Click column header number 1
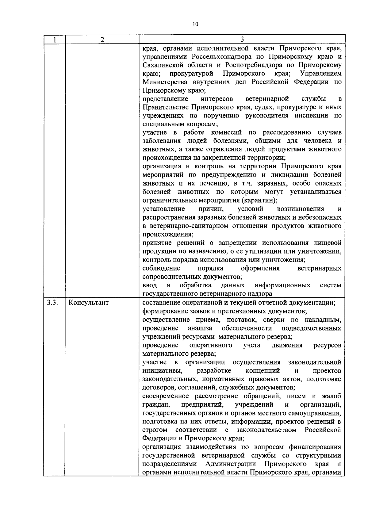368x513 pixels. click(54, 40)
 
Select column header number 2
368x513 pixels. click(102, 40)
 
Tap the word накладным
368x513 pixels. click(323, 320)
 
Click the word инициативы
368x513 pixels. click(163, 371)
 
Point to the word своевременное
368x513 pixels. click(166, 396)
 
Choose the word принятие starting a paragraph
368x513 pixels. click(156, 243)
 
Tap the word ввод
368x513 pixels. click(150, 285)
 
